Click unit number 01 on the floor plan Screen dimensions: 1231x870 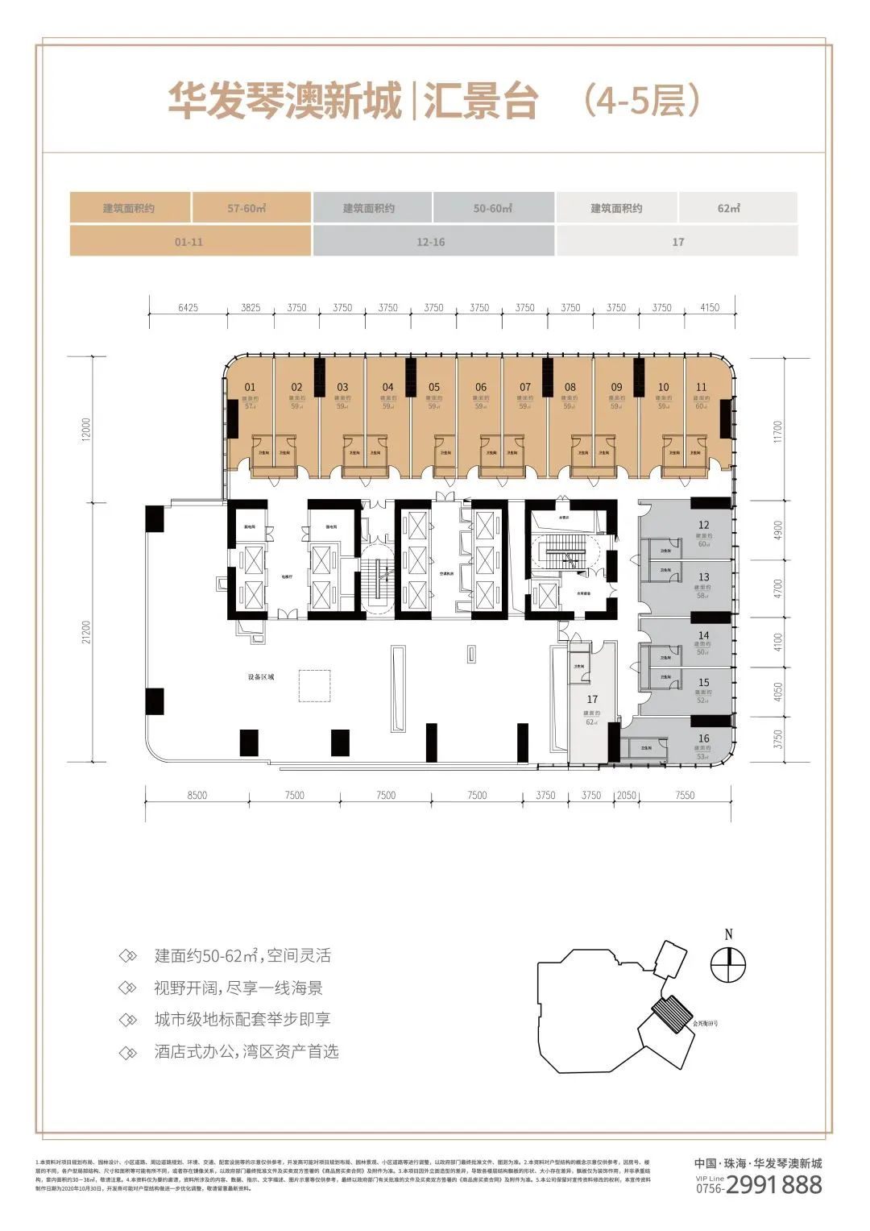point(250,387)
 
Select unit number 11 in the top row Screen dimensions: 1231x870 point(701,387)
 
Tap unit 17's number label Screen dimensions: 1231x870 point(592,699)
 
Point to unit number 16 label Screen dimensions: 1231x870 point(703,738)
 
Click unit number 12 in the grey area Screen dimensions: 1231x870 point(703,525)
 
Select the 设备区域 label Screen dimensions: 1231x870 point(261,676)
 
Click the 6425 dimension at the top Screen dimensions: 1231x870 point(188,308)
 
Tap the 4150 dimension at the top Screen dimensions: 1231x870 point(709,308)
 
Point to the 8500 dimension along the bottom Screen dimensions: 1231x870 point(197,795)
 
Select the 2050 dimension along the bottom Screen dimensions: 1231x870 point(626,795)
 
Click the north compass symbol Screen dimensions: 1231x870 point(728,964)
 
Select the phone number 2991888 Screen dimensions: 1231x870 point(773,1184)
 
